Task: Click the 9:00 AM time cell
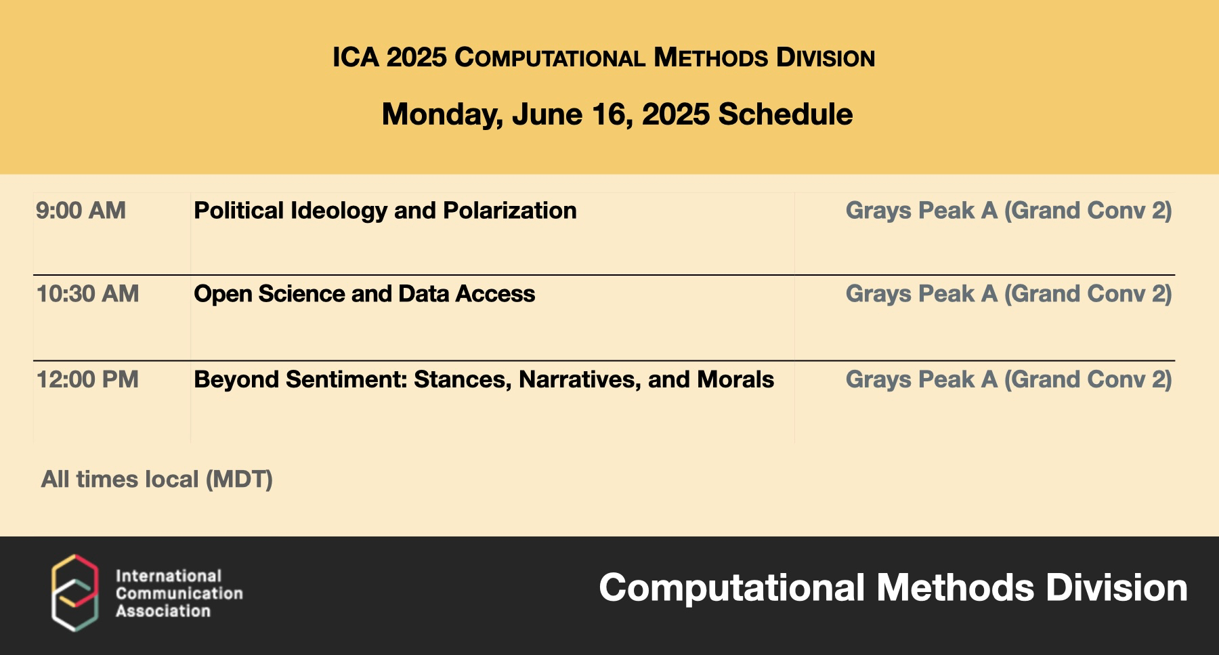[x=81, y=211]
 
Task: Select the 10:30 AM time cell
[x=87, y=294]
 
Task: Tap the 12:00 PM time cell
[x=87, y=379]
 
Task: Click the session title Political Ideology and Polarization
[x=385, y=211]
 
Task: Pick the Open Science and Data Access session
[x=364, y=294]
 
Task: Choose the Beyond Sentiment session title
[x=484, y=380]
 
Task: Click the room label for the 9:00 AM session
[x=1008, y=211]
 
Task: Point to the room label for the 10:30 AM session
[x=1008, y=295]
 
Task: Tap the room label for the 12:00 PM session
[x=1008, y=380]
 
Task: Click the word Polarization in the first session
[x=510, y=211]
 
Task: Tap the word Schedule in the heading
[x=785, y=114]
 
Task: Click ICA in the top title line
[x=356, y=58]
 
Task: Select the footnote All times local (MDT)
[x=157, y=480]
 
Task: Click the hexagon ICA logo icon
[x=75, y=593]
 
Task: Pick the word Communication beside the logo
[x=179, y=593]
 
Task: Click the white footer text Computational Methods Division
[x=893, y=587]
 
